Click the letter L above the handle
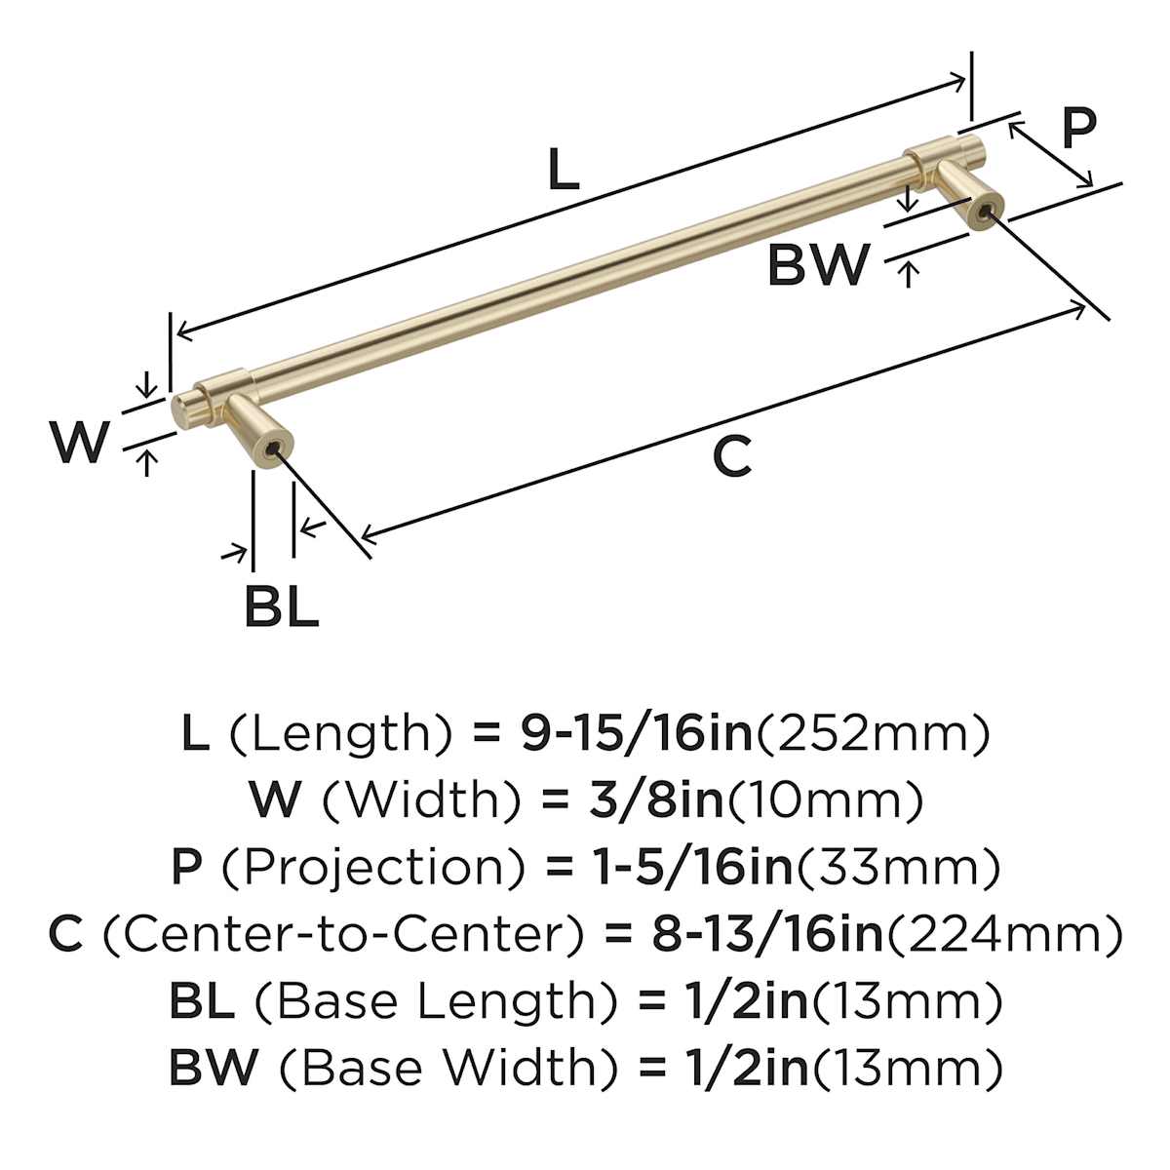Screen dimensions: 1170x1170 pyautogui.click(x=564, y=170)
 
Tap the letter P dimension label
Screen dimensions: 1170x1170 pyautogui.click(x=1078, y=127)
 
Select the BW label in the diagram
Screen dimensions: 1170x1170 pyautogui.click(x=817, y=264)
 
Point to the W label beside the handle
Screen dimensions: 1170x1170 pyautogui.click(x=79, y=443)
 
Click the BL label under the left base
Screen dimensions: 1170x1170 pyautogui.click(x=281, y=606)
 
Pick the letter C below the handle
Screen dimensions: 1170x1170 pyautogui.click(x=731, y=456)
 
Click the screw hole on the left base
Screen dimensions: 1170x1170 pyautogui.click(x=271, y=450)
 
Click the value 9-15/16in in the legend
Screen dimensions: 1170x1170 pyautogui.click(x=638, y=733)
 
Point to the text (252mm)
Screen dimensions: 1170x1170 pyautogui.click(x=873, y=733)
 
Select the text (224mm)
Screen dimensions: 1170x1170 pyautogui.click(x=1004, y=934)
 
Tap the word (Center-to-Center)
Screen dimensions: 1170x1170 pyautogui.click(x=343, y=934)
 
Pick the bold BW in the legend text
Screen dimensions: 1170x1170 pyautogui.click(x=214, y=1068)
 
